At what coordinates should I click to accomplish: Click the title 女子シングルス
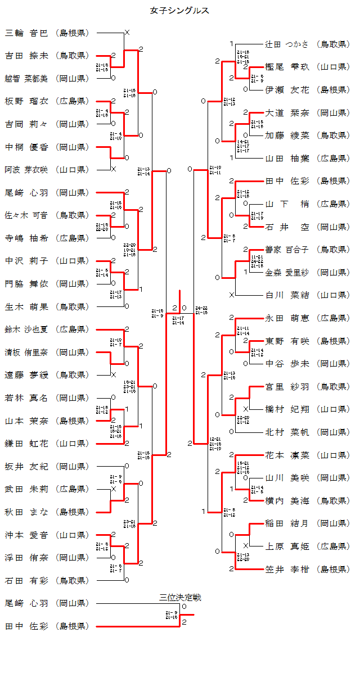point(180,10)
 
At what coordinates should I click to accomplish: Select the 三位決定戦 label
point(180,597)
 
